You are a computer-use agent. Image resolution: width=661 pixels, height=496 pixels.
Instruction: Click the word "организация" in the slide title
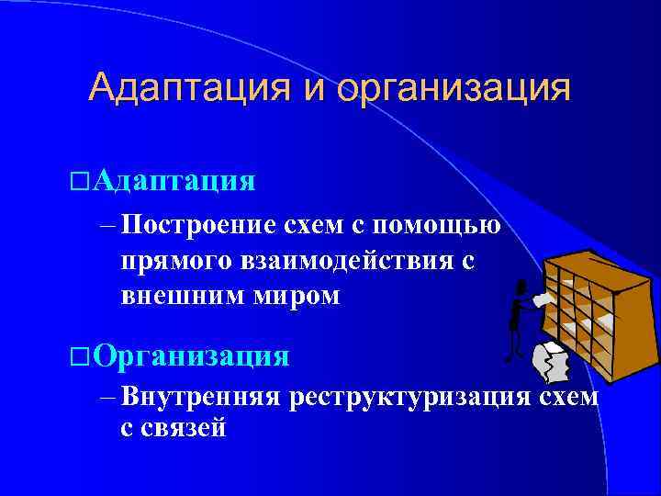454,89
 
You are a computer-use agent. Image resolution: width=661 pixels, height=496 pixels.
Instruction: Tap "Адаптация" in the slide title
188,89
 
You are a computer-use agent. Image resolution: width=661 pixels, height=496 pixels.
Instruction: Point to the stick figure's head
521,286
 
